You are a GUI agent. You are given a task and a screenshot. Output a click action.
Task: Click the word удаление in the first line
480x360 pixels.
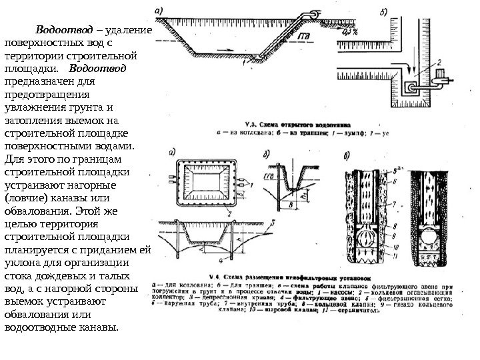tap(129, 31)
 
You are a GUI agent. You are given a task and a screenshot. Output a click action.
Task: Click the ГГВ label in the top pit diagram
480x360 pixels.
tap(303, 35)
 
